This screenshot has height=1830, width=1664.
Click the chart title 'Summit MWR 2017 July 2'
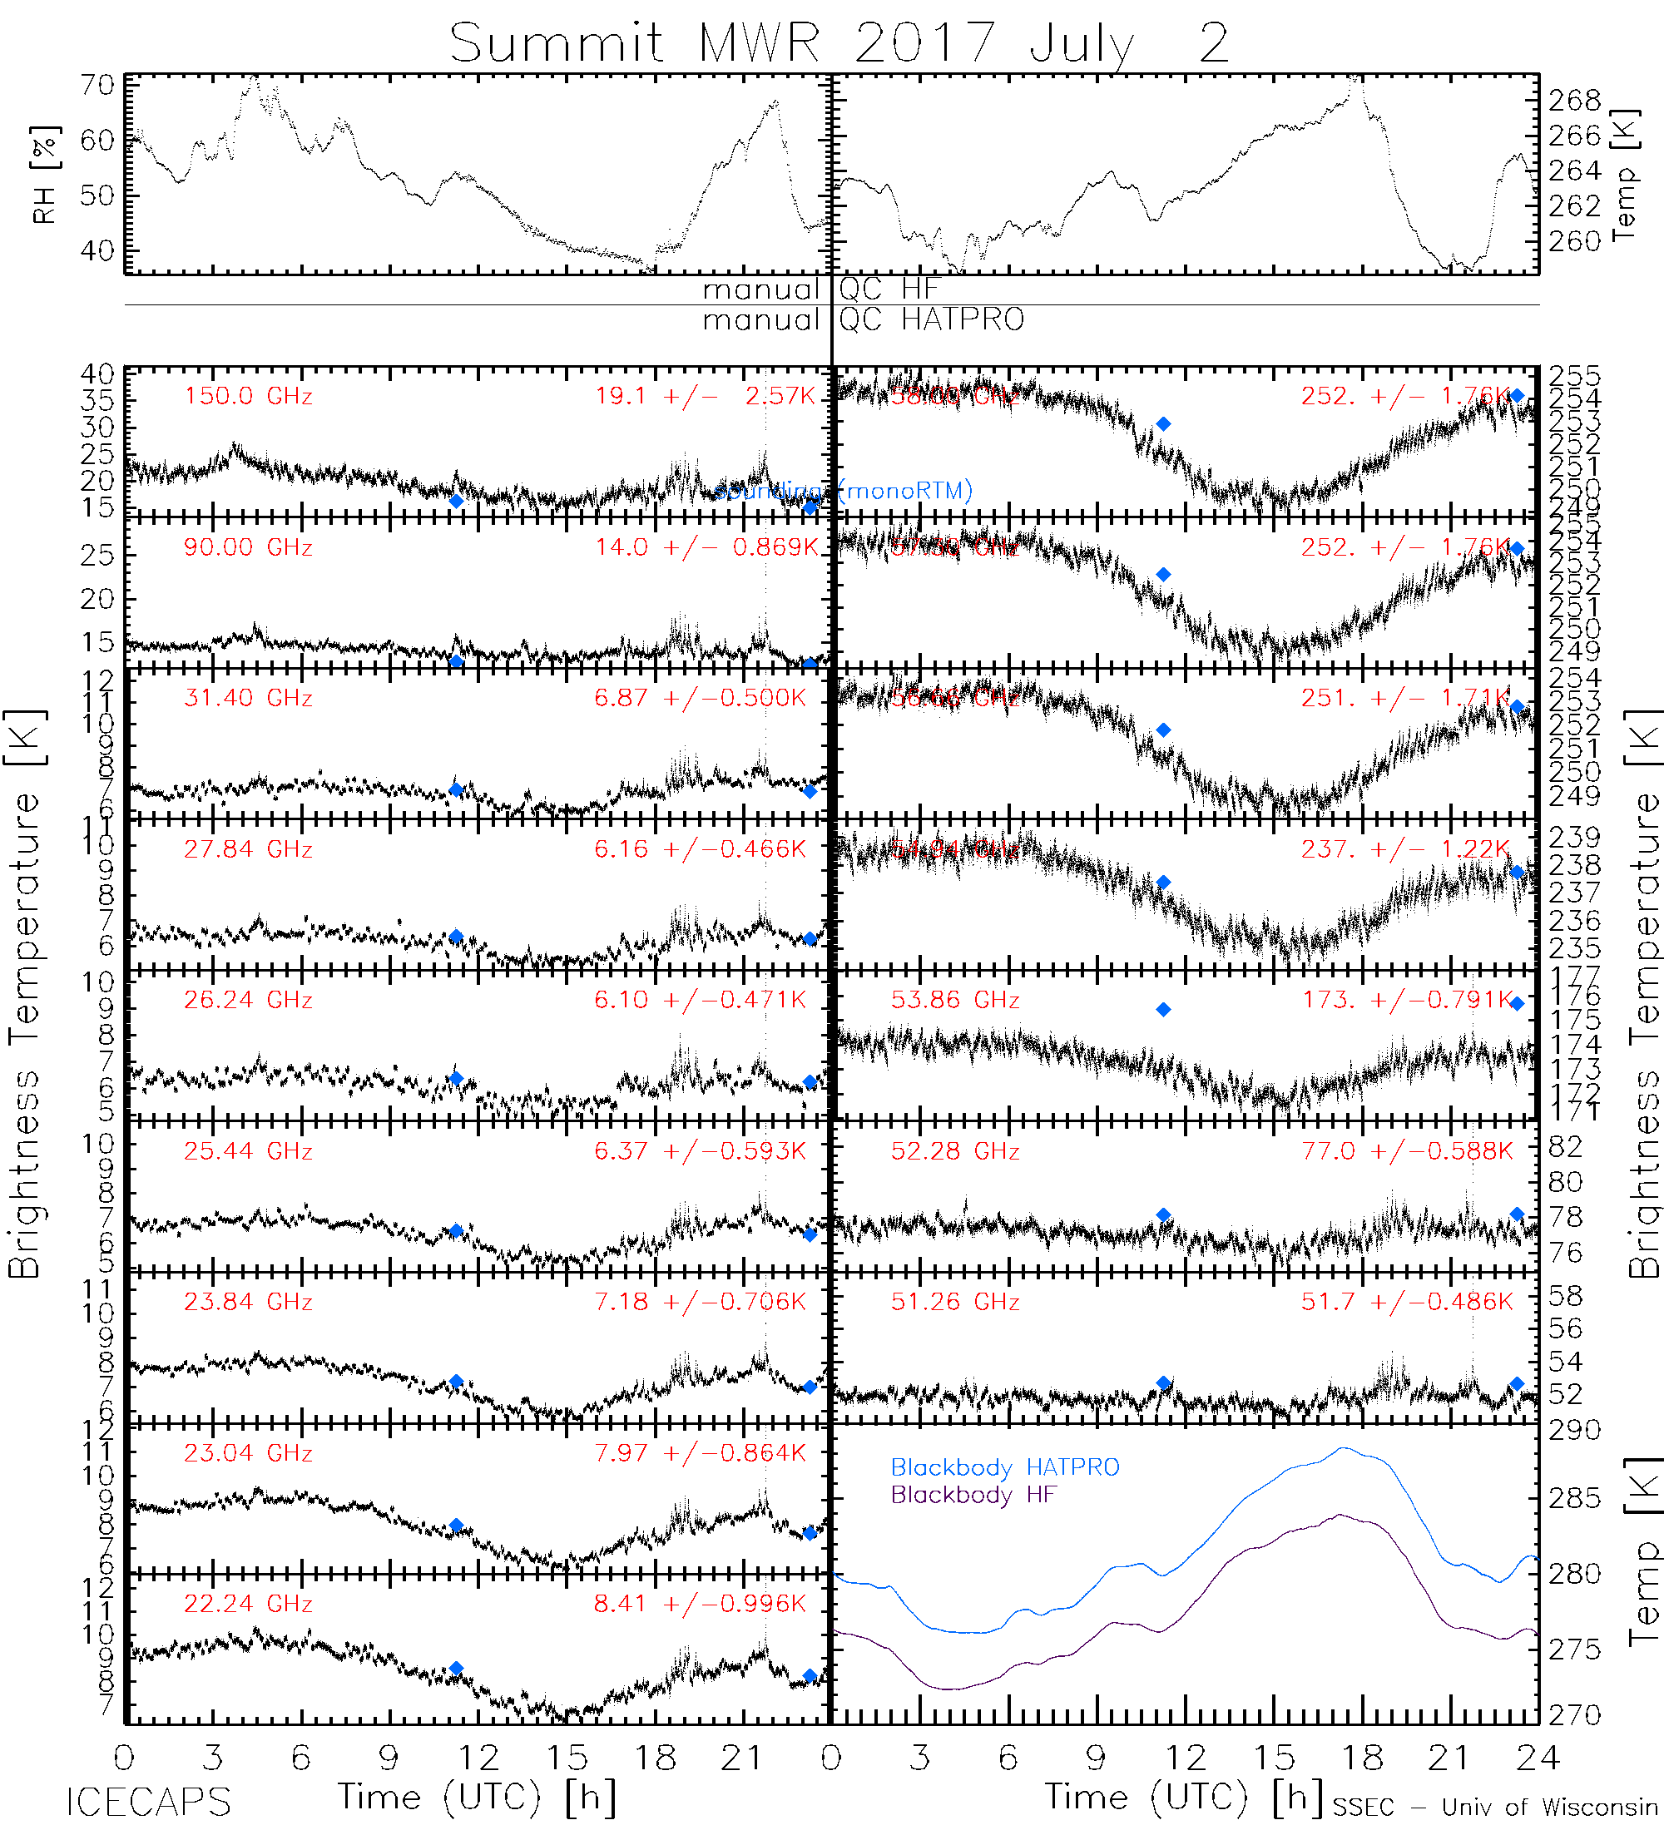pos(839,42)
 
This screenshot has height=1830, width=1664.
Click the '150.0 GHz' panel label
pos(248,397)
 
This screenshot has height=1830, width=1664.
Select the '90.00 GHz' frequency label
pos(248,547)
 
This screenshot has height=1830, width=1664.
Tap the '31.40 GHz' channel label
pos(248,698)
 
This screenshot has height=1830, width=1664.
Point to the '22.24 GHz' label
pos(248,1604)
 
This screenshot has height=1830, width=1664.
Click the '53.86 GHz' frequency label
pos(955,1001)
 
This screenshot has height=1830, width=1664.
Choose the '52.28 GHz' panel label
pos(955,1151)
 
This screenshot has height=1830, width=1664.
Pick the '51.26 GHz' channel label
pos(955,1302)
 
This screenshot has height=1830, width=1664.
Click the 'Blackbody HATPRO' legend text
pos(1005,1468)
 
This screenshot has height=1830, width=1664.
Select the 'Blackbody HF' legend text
pos(973,1495)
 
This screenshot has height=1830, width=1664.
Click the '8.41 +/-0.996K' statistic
pos(700,1604)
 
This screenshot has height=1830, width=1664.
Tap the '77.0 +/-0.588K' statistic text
pos(1407,1151)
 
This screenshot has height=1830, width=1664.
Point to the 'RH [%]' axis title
pos(44,175)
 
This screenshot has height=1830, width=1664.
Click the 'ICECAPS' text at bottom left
pos(148,1802)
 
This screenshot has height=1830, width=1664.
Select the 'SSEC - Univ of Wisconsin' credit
pos(1495,1808)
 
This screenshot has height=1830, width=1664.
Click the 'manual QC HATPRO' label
pos(864,319)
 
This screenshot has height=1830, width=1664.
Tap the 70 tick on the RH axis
pos(97,86)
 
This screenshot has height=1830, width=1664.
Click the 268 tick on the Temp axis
pos(1574,100)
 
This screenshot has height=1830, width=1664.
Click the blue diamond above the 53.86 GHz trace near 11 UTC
pos(1163,1009)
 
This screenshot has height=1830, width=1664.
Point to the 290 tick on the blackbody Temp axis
pos(1574,1431)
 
